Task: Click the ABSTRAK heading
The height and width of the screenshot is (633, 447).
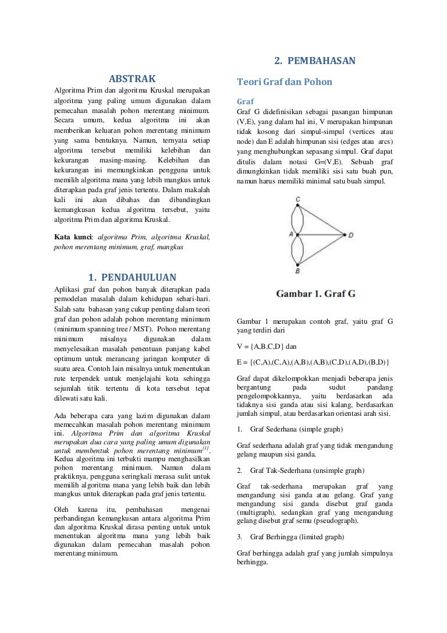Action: pos(133,79)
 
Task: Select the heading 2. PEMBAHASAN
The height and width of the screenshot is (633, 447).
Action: pos(314,61)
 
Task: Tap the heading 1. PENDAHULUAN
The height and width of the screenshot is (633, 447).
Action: pos(132,277)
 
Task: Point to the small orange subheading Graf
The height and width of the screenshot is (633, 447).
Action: pos(245,101)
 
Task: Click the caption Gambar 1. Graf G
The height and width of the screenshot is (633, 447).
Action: pos(315,293)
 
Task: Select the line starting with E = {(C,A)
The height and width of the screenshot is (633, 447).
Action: pos(314,362)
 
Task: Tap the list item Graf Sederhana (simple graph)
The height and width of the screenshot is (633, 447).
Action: pos(296,429)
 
